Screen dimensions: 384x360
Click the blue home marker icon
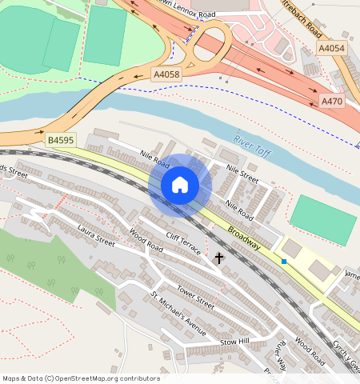pyautogui.click(x=180, y=185)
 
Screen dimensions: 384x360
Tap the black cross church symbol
pyautogui.click(x=219, y=258)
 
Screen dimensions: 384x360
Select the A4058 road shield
pyautogui.click(x=166, y=74)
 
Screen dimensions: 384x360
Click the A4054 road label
pyautogui.click(x=332, y=49)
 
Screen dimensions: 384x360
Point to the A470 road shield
pyautogui.click(x=332, y=102)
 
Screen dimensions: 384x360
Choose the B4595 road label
pyautogui.click(x=60, y=139)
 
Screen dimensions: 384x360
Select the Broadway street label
pyautogui.click(x=243, y=238)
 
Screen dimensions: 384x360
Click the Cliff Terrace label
pyautogui.click(x=183, y=242)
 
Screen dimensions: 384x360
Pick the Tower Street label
pyautogui.click(x=195, y=299)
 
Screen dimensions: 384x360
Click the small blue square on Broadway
pyautogui.click(x=283, y=262)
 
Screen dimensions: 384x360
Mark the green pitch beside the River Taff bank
pyautogui.click(x=320, y=218)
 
